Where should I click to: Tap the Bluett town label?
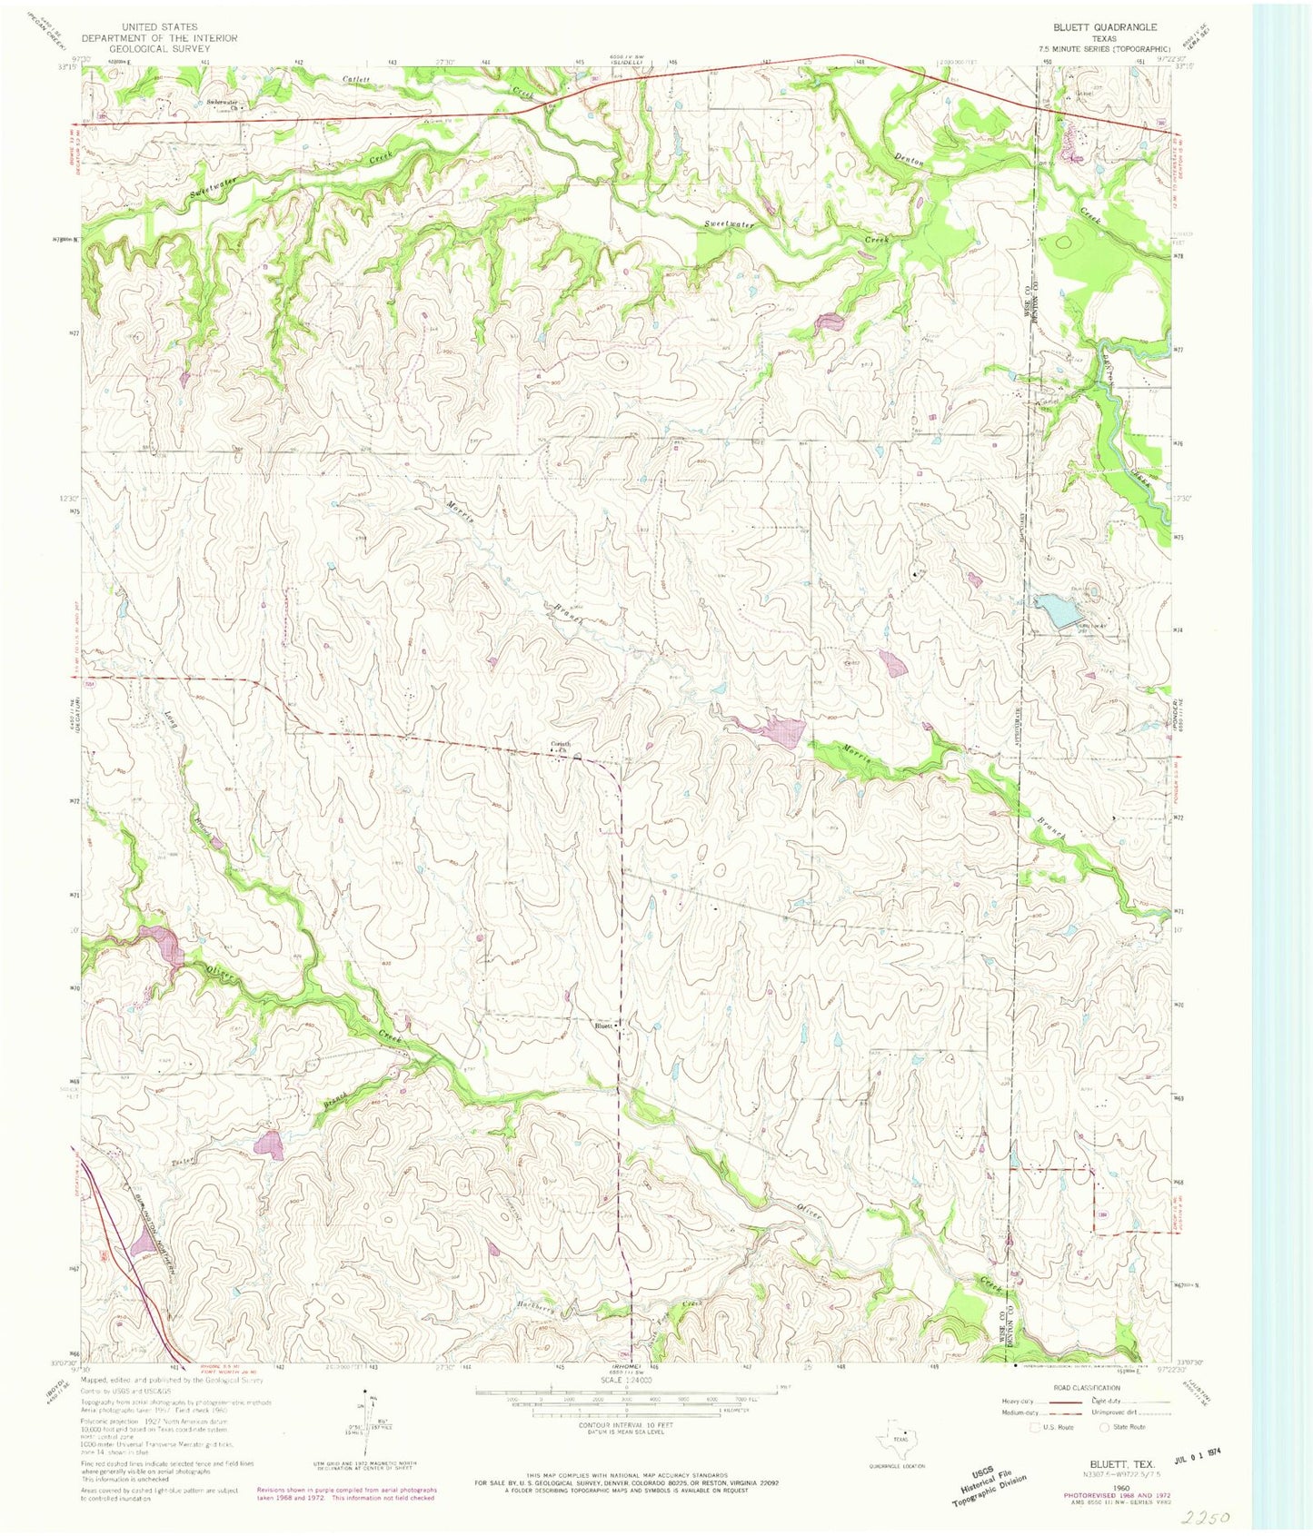[x=603, y=1026]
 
